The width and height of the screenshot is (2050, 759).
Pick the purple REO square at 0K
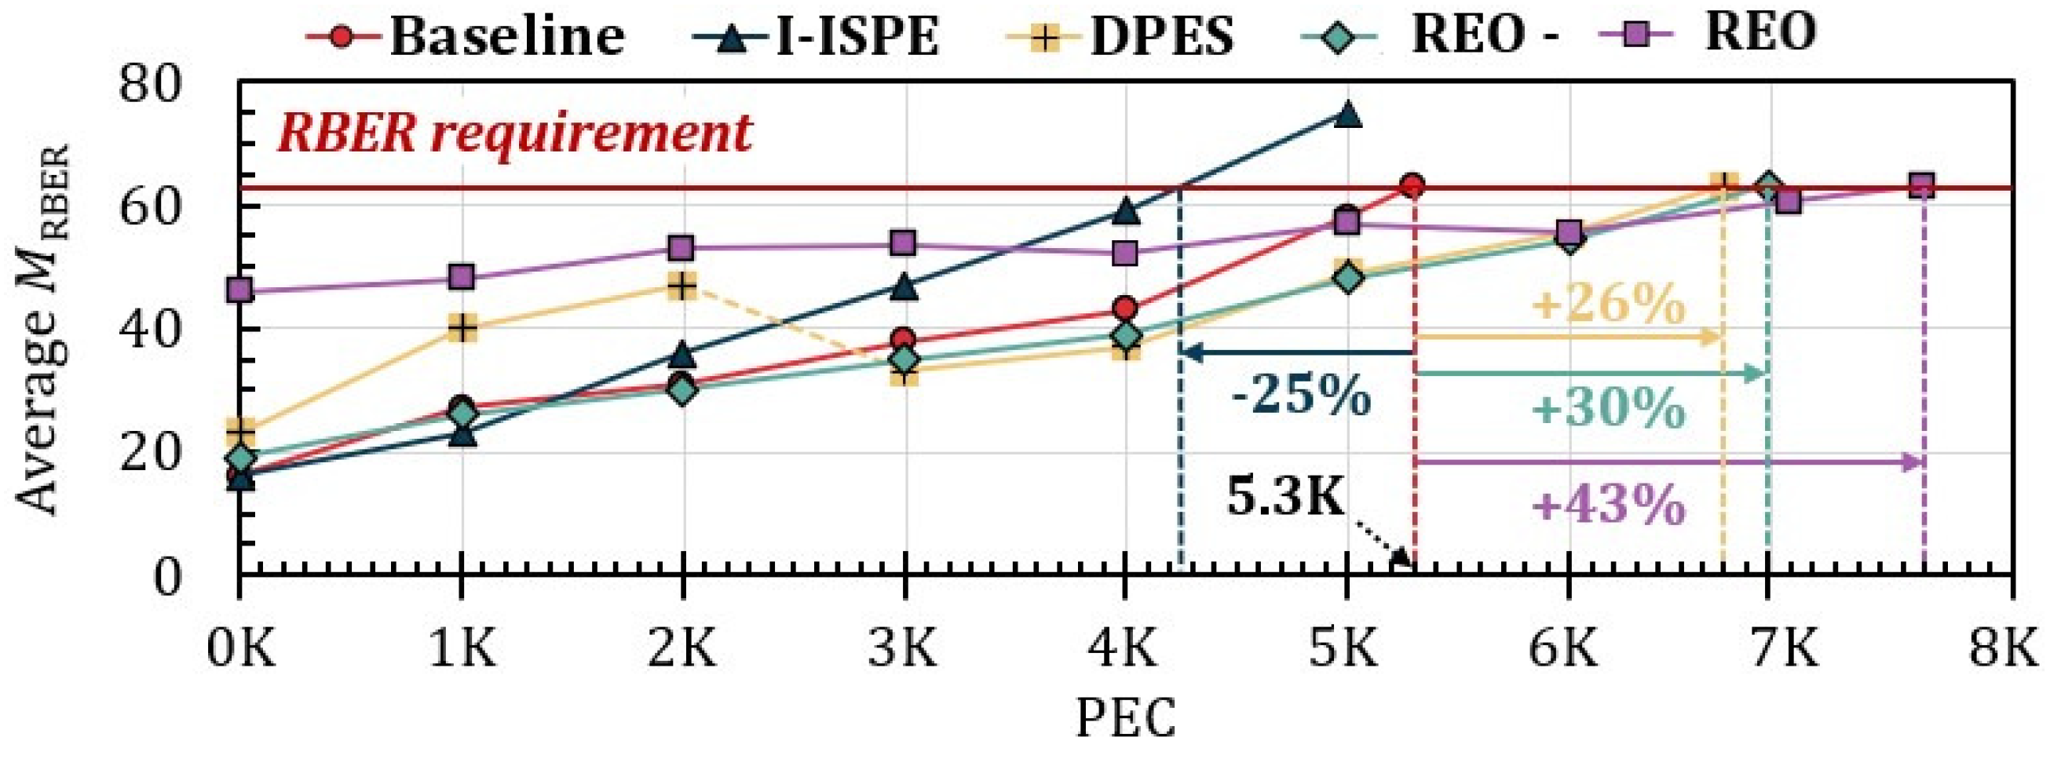(x=239, y=290)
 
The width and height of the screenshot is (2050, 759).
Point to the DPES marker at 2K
(x=682, y=286)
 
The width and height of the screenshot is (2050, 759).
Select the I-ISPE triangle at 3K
(x=903, y=286)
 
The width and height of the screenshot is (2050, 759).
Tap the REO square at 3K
(x=903, y=243)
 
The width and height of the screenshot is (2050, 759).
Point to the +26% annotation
(x=1606, y=304)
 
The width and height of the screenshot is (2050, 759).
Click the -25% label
(x=1300, y=396)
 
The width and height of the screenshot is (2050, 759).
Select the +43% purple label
(x=1606, y=505)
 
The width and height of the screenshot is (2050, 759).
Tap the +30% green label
(x=1606, y=409)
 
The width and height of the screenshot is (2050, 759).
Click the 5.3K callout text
(x=1284, y=499)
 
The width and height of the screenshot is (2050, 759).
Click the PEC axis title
(x=1125, y=718)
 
